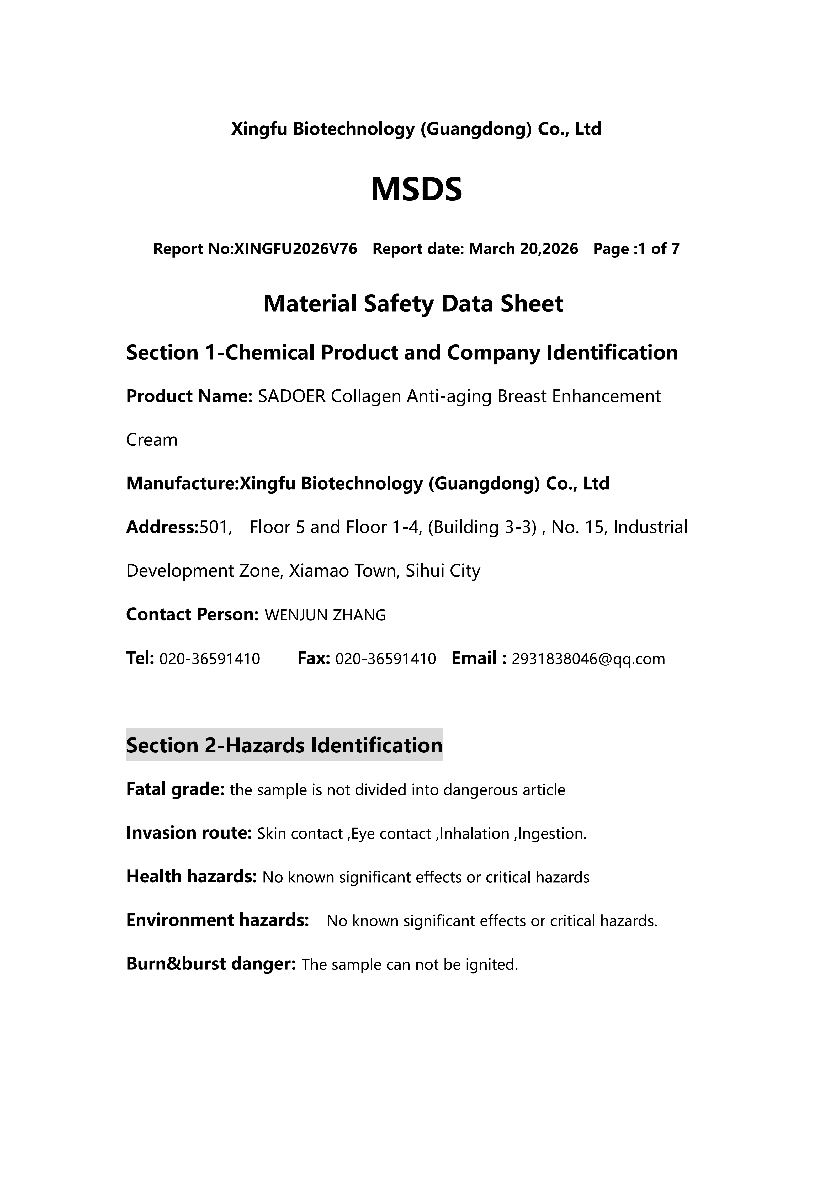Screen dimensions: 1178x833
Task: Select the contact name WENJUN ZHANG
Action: click(x=325, y=615)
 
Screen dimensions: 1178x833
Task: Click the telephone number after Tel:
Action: click(x=210, y=659)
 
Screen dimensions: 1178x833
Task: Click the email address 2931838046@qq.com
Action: click(x=588, y=659)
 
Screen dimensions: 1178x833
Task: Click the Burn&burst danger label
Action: click(x=211, y=964)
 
